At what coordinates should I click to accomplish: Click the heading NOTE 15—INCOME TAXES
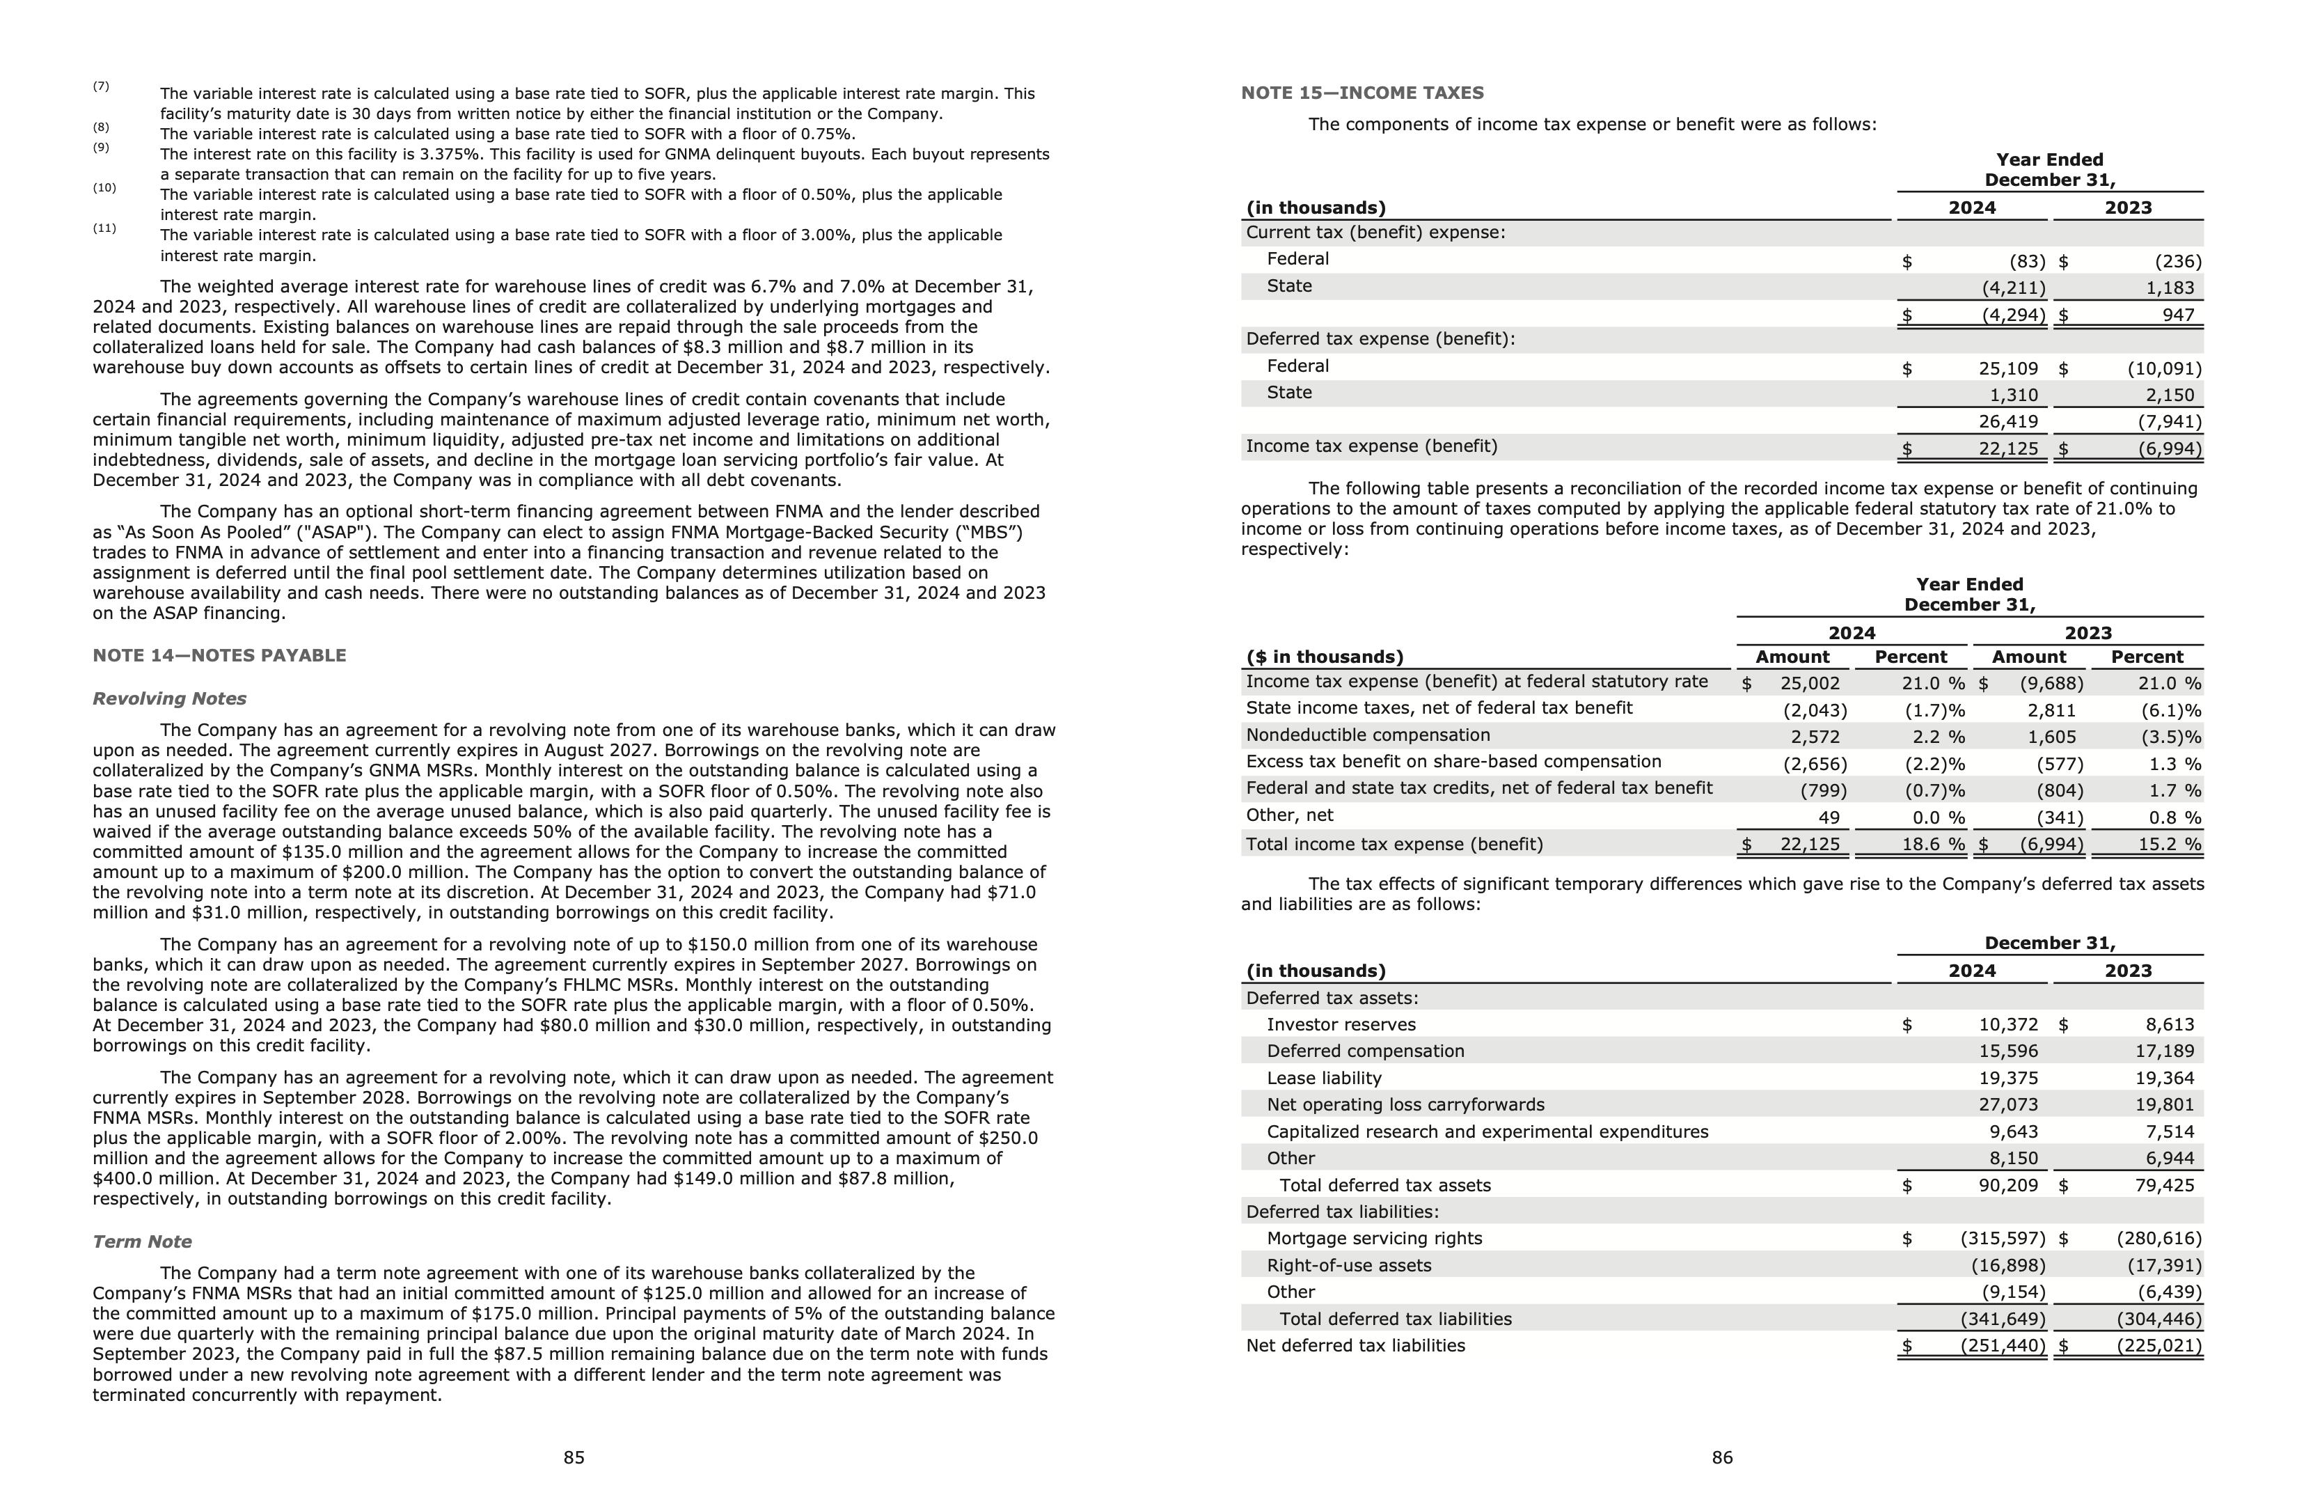[1361, 93]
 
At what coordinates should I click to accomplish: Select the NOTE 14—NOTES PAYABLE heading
[219, 655]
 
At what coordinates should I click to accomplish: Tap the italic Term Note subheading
[142, 1241]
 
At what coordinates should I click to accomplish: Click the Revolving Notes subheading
[169, 698]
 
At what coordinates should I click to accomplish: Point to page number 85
[574, 1457]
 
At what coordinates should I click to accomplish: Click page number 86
[1722, 1457]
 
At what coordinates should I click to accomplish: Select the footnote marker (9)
[102, 148]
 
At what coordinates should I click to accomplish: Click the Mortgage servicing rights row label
[1373, 1238]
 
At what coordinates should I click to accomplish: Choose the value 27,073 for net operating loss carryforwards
[2008, 1104]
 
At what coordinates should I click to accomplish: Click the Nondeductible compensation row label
[1368, 735]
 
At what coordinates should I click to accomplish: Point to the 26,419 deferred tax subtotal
[2007, 422]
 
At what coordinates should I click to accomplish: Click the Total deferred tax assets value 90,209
[2008, 1185]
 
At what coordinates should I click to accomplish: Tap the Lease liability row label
[1323, 1078]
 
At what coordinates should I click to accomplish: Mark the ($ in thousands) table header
[1324, 657]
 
